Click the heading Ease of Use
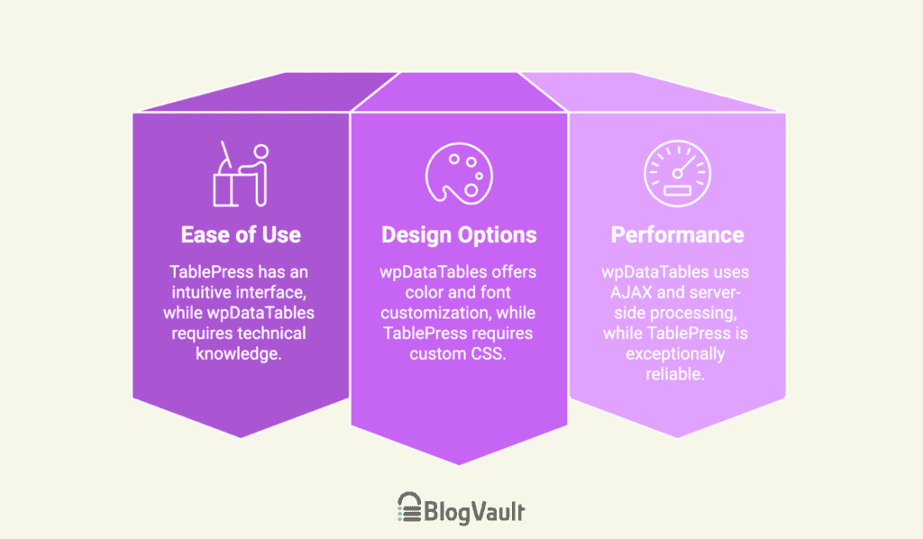click(x=241, y=234)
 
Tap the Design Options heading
click(x=459, y=235)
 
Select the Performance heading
click(x=677, y=234)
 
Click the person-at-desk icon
click(x=241, y=174)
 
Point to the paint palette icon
click(x=459, y=174)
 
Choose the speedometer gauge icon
click(x=677, y=174)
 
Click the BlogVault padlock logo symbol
click(x=409, y=507)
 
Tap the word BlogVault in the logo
click(x=474, y=511)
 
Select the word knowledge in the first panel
click(x=238, y=353)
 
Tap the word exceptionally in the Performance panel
click(x=675, y=353)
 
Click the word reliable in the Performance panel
click(x=674, y=374)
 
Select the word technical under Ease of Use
click(x=271, y=333)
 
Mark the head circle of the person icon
click(x=261, y=151)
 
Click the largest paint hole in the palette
click(x=471, y=189)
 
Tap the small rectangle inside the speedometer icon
click(x=677, y=191)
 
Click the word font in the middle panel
click(x=496, y=292)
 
